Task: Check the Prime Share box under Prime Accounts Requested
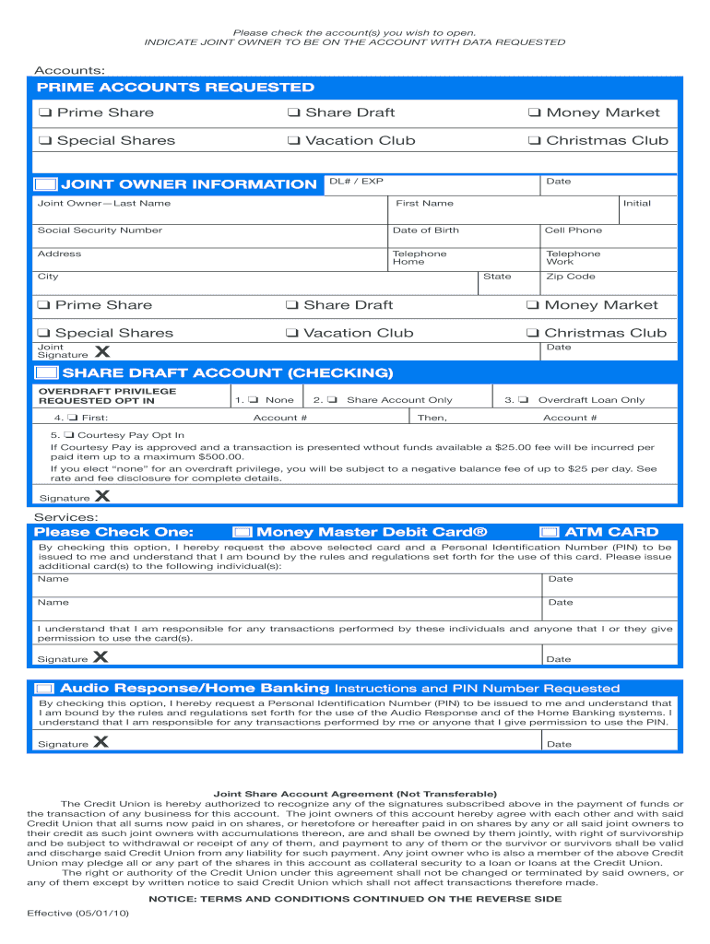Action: click(44, 113)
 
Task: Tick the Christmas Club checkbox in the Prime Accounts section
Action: click(534, 141)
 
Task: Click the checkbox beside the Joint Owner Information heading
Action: click(46, 184)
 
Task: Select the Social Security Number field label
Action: click(100, 230)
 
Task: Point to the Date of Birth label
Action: click(425, 230)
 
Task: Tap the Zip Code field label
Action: click(571, 277)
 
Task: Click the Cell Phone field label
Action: click(574, 230)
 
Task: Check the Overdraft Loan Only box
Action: click(523, 400)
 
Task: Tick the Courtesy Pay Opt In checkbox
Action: click(70, 435)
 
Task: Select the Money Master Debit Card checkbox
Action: click(242, 532)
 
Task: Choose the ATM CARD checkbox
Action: click(550, 532)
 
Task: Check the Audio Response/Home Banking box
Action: click(44, 689)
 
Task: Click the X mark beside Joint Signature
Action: click(101, 351)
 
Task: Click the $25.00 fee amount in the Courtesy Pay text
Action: click(515, 447)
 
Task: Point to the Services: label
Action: click(66, 518)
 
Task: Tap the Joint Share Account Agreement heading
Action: click(355, 794)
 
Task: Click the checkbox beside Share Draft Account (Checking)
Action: click(46, 373)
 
